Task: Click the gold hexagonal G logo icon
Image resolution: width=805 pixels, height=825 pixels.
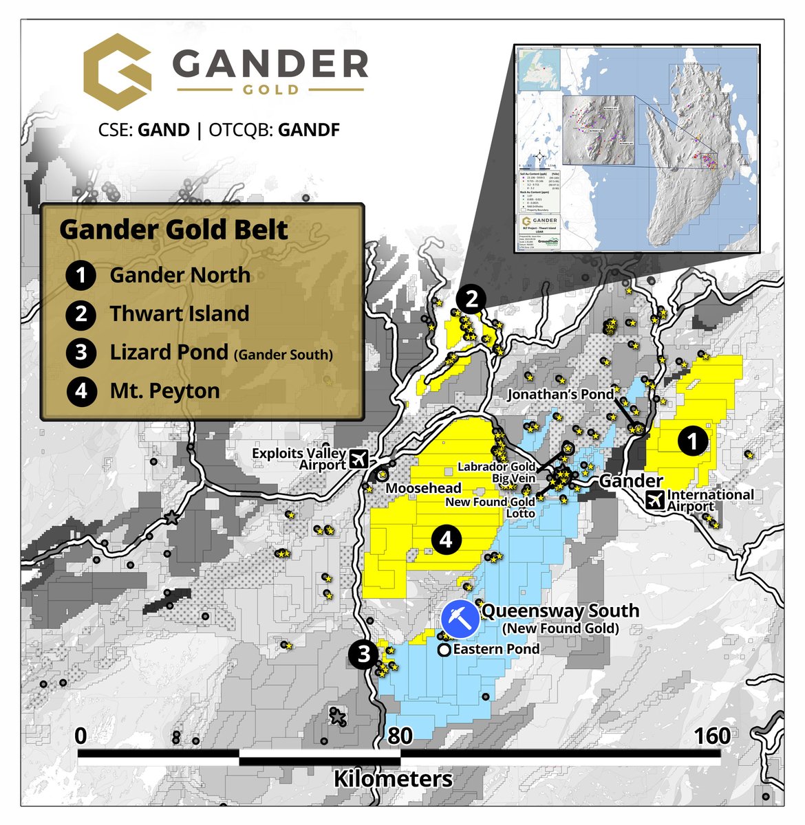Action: [x=117, y=73]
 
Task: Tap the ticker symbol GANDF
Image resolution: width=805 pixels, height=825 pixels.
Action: [x=309, y=130]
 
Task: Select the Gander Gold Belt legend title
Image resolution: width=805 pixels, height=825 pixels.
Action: [x=173, y=230]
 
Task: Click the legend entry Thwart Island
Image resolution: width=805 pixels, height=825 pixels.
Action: [x=180, y=313]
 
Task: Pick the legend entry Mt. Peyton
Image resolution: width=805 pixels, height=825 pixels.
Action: [x=164, y=390]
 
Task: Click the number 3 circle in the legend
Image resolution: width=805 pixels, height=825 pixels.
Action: [x=81, y=352]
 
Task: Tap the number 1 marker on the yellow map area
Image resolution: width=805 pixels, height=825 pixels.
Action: [x=693, y=441]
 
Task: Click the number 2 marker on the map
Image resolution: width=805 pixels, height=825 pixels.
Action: [x=472, y=299]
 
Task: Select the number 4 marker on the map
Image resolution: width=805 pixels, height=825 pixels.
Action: [x=446, y=540]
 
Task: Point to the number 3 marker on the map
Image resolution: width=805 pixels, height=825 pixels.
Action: [x=364, y=654]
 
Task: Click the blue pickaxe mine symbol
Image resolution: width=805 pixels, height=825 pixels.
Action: [x=460, y=619]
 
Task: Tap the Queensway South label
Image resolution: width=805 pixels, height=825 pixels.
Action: [x=560, y=610]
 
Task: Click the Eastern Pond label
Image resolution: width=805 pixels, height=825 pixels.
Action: [x=496, y=649]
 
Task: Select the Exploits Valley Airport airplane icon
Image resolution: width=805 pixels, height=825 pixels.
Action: [x=358, y=458]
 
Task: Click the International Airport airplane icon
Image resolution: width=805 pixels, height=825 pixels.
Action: [x=656, y=500]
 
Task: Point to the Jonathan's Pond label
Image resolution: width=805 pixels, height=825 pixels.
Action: [x=560, y=395]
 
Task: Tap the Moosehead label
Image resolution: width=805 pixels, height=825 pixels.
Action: [x=423, y=488]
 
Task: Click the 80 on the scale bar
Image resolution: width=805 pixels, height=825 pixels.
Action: [x=400, y=736]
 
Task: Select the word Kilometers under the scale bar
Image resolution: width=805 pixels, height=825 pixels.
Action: [x=393, y=779]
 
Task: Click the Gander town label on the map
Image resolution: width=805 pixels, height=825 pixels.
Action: [x=630, y=481]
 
